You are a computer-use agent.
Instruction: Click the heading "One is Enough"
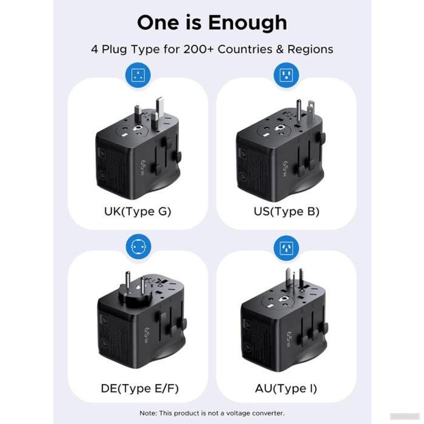(212, 22)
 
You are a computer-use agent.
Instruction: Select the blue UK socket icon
(138, 76)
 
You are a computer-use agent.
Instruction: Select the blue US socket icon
(286, 76)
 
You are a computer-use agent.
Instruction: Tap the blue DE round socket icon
(138, 247)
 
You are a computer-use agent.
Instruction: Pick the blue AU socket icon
(286, 247)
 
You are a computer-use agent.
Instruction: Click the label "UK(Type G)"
(138, 212)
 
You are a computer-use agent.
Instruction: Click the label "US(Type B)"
(286, 212)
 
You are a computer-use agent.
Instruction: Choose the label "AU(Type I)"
(286, 388)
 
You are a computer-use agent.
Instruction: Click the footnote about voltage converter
(212, 413)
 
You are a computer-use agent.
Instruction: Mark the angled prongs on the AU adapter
(290, 281)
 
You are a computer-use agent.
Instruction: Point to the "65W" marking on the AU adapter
(291, 336)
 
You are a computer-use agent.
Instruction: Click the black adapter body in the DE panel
(133, 328)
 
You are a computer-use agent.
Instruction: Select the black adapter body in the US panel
(273, 158)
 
